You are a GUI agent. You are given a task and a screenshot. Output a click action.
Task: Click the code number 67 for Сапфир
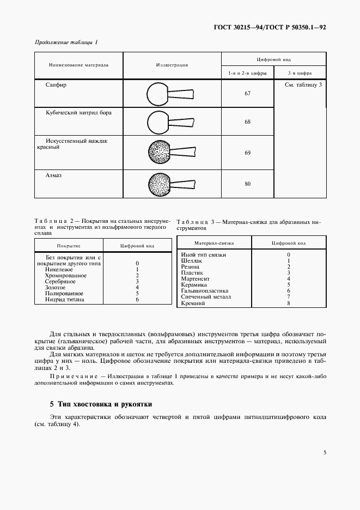[x=247, y=94]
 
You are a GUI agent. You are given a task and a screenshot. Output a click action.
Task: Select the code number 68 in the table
[x=247, y=122]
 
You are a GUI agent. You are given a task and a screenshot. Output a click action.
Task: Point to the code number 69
[x=247, y=153]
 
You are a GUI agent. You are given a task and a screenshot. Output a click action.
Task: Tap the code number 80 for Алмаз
[x=247, y=184]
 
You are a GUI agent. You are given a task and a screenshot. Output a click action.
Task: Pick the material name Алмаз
[x=55, y=175]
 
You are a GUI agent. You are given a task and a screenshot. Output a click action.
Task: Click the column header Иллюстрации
[x=172, y=65]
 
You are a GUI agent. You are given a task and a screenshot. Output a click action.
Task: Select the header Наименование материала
[x=78, y=65]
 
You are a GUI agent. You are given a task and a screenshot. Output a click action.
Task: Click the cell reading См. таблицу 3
[x=303, y=85]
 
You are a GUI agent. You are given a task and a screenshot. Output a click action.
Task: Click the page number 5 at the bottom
[x=325, y=452]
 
